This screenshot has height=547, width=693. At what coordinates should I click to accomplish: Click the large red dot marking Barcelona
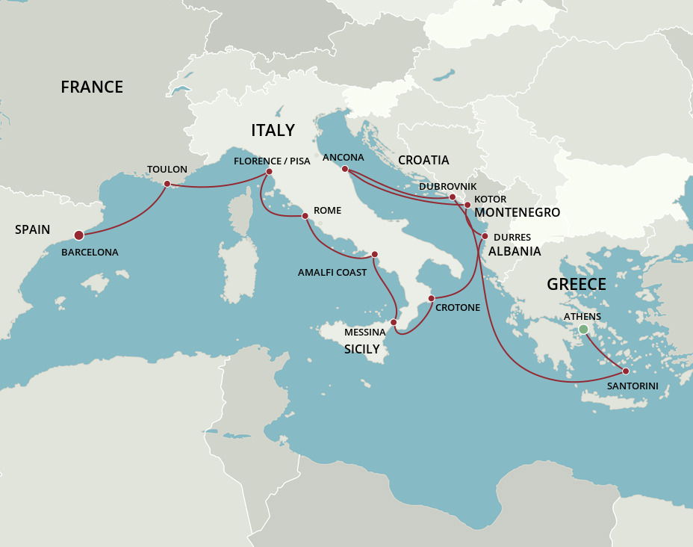79,235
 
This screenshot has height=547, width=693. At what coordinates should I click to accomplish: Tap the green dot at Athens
583,330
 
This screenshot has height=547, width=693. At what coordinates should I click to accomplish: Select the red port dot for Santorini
625,371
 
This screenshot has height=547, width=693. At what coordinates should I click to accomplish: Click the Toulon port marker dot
167,184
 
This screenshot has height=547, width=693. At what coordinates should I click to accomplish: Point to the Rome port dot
305,216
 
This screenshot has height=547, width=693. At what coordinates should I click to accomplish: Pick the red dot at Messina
394,322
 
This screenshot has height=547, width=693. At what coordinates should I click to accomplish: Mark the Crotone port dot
431,299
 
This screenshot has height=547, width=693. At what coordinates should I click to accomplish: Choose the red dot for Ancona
345,169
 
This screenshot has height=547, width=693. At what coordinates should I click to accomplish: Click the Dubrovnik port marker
453,197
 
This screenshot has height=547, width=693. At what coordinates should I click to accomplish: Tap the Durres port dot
485,236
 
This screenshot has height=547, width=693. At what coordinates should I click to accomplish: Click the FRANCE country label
92,87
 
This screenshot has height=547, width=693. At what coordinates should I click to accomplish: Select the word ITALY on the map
273,131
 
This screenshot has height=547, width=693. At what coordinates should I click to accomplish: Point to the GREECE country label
577,284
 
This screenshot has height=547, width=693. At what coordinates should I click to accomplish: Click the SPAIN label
33,229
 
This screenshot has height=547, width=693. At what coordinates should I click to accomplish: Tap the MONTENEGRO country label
518,213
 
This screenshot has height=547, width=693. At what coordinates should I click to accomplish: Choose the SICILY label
361,349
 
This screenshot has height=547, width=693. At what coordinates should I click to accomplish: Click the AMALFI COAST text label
332,273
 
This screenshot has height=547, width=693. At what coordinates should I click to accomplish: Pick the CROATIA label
423,160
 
